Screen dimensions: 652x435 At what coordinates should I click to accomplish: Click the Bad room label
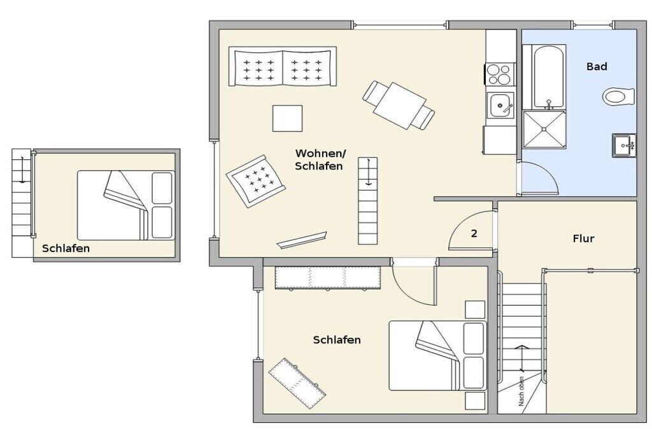pos(597,66)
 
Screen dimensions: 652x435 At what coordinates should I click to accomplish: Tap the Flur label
pos(583,239)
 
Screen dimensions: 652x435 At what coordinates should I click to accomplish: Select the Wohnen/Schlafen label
pos(320,160)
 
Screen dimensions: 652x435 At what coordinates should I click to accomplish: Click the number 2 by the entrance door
pos(474,233)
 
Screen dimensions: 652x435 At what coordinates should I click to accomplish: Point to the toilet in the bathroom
pos(618,97)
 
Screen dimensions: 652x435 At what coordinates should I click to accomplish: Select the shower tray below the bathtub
pos(544,129)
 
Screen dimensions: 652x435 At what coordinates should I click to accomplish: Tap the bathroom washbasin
pos(624,145)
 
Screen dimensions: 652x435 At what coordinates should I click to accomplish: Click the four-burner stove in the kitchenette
pos(500,74)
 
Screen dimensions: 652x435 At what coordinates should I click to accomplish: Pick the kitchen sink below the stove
pos(500,105)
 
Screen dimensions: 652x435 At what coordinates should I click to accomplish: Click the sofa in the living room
pos(282,66)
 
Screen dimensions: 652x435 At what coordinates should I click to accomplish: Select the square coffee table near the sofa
pos(287,118)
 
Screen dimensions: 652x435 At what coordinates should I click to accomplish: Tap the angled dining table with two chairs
pos(399,105)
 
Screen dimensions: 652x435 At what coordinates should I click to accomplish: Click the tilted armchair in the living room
pos(256,182)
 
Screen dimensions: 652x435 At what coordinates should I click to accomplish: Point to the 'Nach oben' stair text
pos(521,391)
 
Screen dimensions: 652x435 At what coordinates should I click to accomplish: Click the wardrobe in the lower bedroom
pos(328,278)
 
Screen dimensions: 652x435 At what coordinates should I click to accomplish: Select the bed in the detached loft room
pos(126,205)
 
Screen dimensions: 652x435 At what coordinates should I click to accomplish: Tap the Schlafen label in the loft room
pos(66,248)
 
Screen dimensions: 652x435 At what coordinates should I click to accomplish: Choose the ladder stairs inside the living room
pos(368,201)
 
